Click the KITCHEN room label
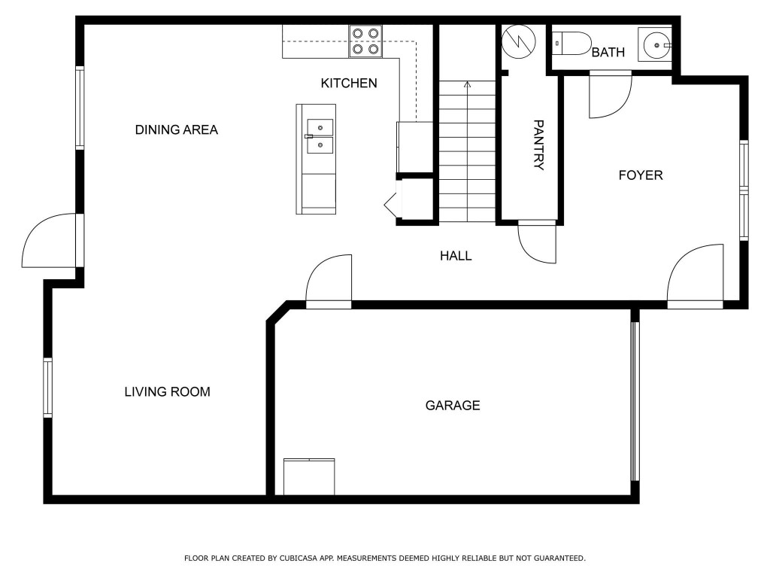click(x=349, y=83)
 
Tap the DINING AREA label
click(x=176, y=129)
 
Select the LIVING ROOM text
click(x=167, y=391)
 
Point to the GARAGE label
click(x=453, y=406)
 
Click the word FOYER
click(x=641, y=175)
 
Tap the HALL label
click(x=456, y=256)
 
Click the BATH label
click(x=608, y=53)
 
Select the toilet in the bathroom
click(x=571, y=44)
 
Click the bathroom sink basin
click(x=655, y=45)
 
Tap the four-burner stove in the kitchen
click(x=365, y=41)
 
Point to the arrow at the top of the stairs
click(x=467, y=84)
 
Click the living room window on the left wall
click(x=48, y=388)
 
